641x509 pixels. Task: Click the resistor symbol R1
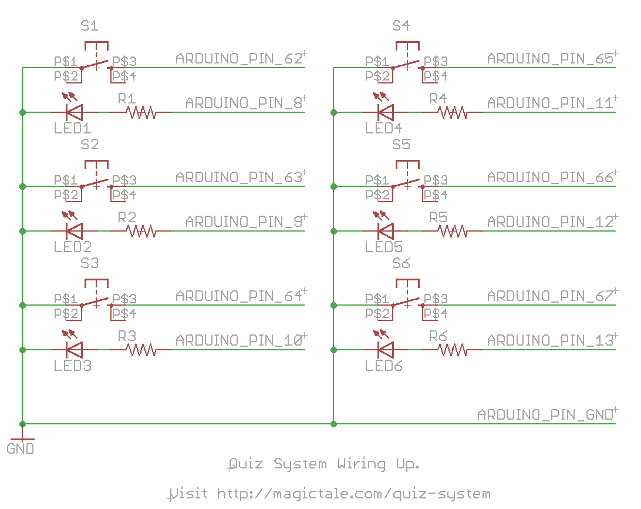click(x=141, y=112)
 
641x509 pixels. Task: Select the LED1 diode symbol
click(x=73, y=111)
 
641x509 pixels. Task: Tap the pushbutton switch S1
click(x=96, y=62)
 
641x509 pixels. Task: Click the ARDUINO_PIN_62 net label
click(x=239, y=59)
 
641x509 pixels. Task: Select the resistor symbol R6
click(x=453, y=350)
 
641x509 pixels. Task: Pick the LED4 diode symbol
click(x=384, y=111)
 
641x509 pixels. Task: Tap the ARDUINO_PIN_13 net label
click(x=550, y=340)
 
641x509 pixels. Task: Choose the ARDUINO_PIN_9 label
click(x=244, y=222)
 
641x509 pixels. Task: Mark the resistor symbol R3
click(x=141, y=350)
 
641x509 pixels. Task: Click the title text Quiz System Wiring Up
click(x=324, y=464)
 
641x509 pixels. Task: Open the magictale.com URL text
click(x=330, y=493)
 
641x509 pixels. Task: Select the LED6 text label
click(x=383, y=366)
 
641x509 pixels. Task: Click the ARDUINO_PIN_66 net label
click(x=550, y=177)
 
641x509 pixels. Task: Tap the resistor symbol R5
click(x=453, y=231)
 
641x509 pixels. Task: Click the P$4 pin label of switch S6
click(x=436, y=314)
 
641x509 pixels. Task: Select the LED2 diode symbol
click(x=73, y=230)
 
